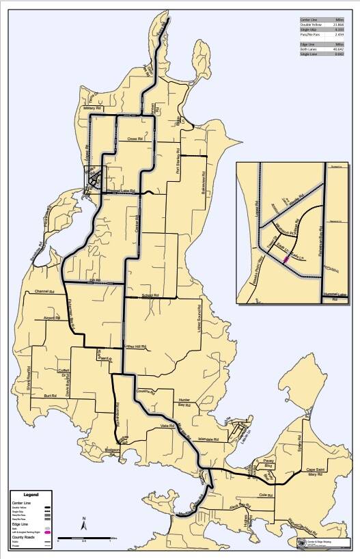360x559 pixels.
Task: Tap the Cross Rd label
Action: pos(134,139)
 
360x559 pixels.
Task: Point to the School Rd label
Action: pos(150,296)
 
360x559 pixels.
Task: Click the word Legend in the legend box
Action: pos(31,495)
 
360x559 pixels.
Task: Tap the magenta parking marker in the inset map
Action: pos(286,260)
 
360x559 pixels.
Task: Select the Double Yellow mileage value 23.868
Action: pos(337,25)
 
